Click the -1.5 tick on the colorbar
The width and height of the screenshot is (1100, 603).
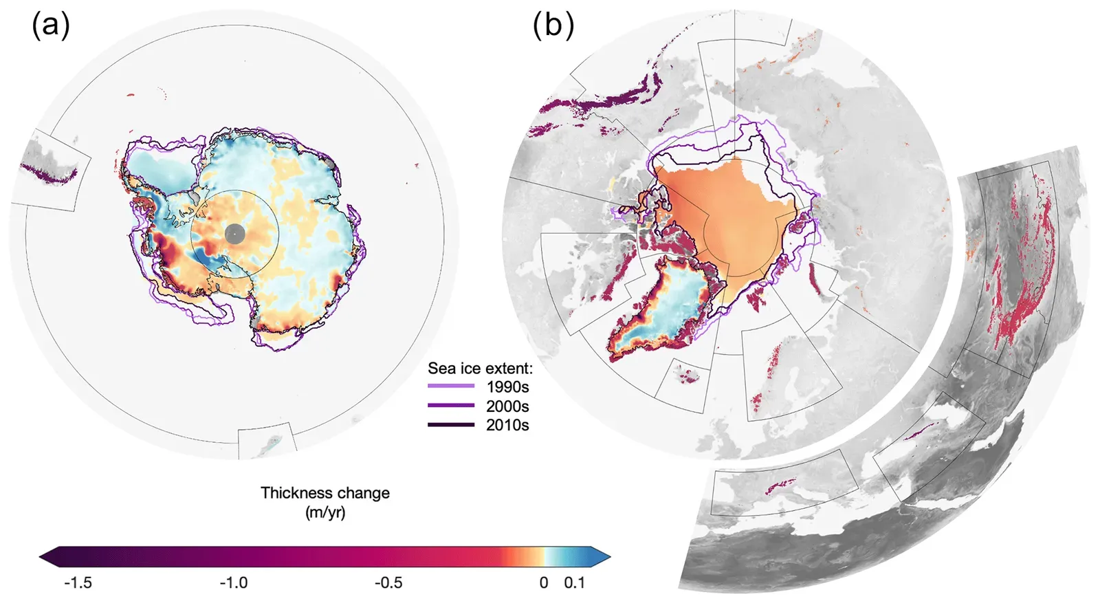pyautogui.click(x=78, y=583)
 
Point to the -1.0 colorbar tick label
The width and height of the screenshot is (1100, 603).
pyautogui.click(x=234, y=583)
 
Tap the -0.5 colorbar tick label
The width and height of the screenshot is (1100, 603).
pyautogui.click(x=388, y=583)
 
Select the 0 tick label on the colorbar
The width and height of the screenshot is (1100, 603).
pyautogui.click(x=544, y=583)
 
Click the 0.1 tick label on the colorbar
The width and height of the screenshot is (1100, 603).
pyautogui.click(x=574, y=583)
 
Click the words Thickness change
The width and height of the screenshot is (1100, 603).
pyautogui.click(x=324, y=493)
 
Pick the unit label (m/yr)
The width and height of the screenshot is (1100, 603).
pyautogui.click(x=324, y=512)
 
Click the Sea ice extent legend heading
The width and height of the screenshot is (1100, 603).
pyautogui.click(x=480, y=369)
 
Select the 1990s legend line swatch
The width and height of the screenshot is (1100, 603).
pyautogui.click(x=451, y=387)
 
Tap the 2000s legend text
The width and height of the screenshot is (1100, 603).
pyautogui.click(x=507, y=406)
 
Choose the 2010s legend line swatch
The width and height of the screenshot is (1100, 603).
pyautogui.click(x=451, y=426)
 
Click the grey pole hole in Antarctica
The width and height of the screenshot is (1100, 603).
pyautogui.click(x=234, y=234)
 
